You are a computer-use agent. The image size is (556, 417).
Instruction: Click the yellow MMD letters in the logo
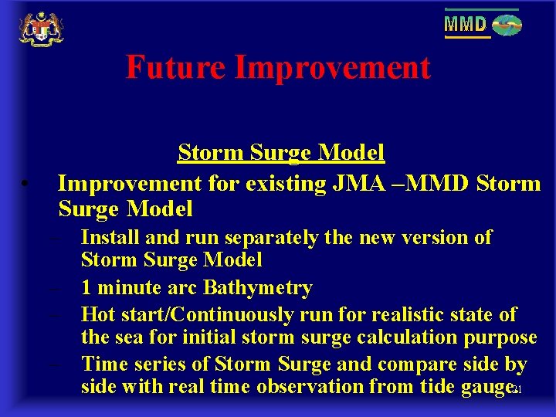[466, 25]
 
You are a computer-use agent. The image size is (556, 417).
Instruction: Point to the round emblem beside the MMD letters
[507, 25]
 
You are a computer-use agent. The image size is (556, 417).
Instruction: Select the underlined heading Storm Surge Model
[281, 153]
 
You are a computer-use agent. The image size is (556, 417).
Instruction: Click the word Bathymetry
[257, 288]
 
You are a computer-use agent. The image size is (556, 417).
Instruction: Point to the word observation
[334, 386]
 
